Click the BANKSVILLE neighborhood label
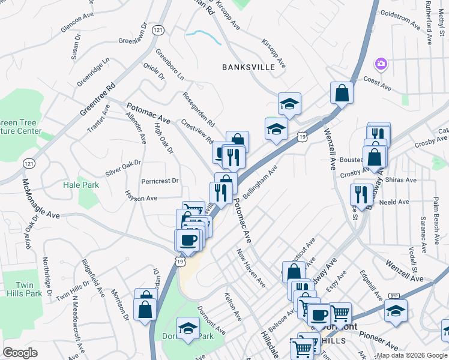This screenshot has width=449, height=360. pyautogui.click(x=248, y=67)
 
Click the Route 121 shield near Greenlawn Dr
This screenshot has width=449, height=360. pyautogui.click(x=158, y=30)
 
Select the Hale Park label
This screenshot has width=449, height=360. pyautogui.click(x=81, y=185)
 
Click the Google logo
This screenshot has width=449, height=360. pyautogui.click(x=20, y=353)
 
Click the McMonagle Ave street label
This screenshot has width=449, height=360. pyautogui.click(x=41, y=198)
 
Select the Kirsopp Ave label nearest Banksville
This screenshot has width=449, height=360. pyautogui.click(x=273, y=53)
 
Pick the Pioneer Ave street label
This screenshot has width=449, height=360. pyautogui.click(x=384, y=342)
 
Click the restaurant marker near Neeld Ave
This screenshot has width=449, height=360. pyautogui.click(x=361, y=193)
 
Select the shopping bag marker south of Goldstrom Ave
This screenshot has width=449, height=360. pyautogui.click(x=342, y=93)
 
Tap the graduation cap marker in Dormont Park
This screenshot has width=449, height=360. pyautogui.click(x=188, y=328)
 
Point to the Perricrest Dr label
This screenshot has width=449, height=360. pyautogui.click(x=160, y=181)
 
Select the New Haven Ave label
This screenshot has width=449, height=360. pyautogui.click(x=251, y=268)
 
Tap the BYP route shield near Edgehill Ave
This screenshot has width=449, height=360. pyautogui.click(x=394, y=295)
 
